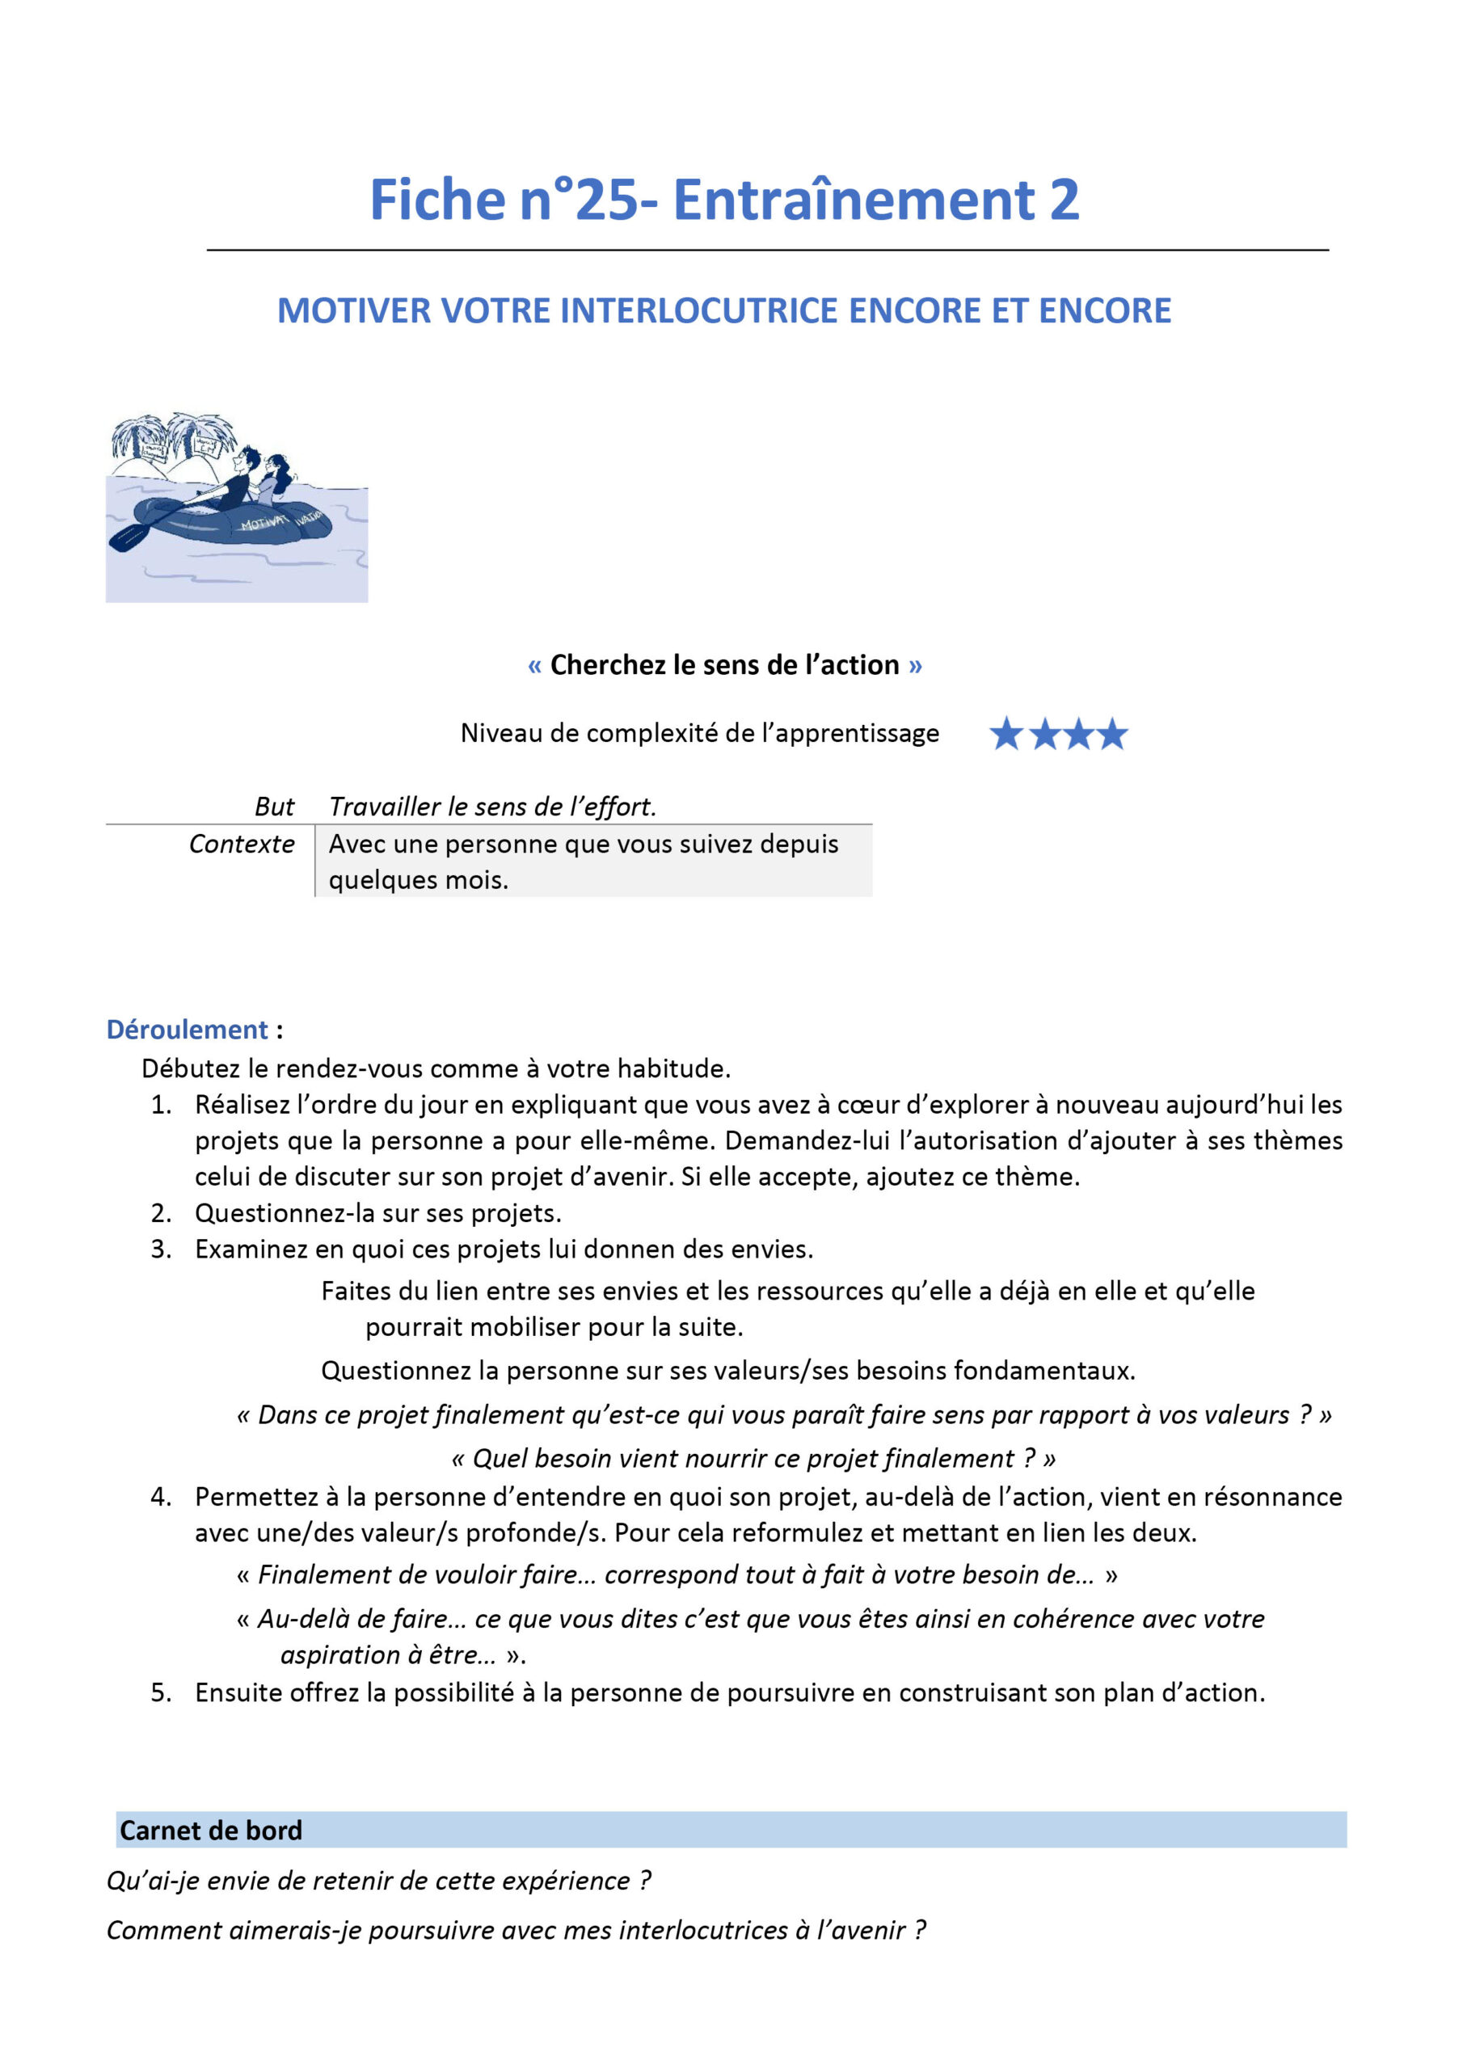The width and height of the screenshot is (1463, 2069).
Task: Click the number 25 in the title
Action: [x=607, y=200]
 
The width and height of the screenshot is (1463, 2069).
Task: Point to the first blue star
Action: [x=1006, y=735]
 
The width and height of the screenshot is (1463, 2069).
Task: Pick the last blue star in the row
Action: [x=1113, y=735]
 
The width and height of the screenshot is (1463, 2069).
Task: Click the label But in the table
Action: [x=274, y=807]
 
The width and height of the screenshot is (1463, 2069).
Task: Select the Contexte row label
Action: [x=242, y=845]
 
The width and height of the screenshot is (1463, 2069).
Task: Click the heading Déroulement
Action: [x=188, y=1030]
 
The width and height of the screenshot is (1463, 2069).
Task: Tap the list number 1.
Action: [x=161, y=1105]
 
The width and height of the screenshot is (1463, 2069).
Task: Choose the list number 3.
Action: [x=161, y=1249]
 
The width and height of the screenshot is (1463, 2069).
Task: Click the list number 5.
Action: [x=161, y=1693]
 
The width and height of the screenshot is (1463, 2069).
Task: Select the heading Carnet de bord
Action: [x=211, y=1831]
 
